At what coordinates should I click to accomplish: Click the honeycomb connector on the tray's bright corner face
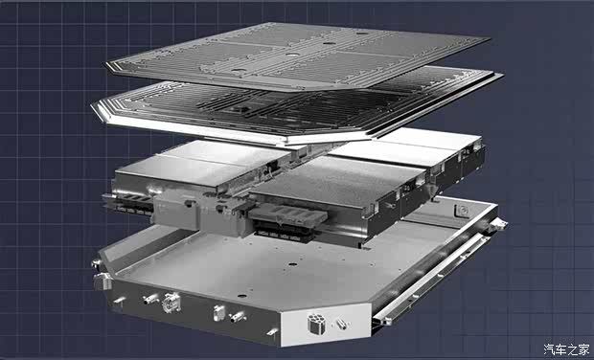(x=315, y=324)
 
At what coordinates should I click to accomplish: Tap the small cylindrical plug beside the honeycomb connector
(x=341, y=324)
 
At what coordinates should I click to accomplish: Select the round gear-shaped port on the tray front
(x=171, y=303)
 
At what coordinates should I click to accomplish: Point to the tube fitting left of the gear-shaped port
(x=150, y=300)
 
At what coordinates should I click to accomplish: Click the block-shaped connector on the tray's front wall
(x=219, y=313)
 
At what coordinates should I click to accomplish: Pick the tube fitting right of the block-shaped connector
(x=239, y=317)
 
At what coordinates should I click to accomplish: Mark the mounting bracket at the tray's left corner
(x=103, y=281)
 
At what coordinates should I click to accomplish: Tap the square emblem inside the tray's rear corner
(x=463, y=210)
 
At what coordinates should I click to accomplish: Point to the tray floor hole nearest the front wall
(x=241, y=296)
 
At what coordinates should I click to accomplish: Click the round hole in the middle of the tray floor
(x=292, y=264)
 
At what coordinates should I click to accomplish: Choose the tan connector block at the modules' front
(x=287, y=215)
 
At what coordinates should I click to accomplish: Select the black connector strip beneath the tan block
(x=285, y=232)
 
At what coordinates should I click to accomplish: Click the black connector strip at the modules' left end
(x=127, y=205)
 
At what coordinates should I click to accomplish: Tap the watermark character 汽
(x=550, y=349)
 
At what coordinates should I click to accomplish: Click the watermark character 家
(x=583, y=349)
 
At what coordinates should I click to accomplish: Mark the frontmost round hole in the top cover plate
(x=239, y=71)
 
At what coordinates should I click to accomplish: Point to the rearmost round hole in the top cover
(x=362, y=33)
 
